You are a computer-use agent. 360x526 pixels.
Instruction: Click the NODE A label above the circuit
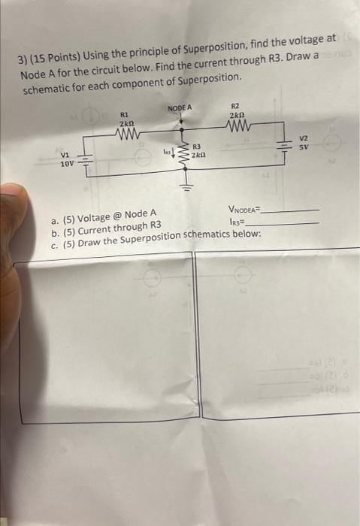pos(180,108)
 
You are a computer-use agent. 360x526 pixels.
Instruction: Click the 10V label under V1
pos(67,162)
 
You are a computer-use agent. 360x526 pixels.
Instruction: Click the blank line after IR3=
pos(283,223)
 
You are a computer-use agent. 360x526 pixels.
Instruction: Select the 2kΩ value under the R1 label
pos(126,123)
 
